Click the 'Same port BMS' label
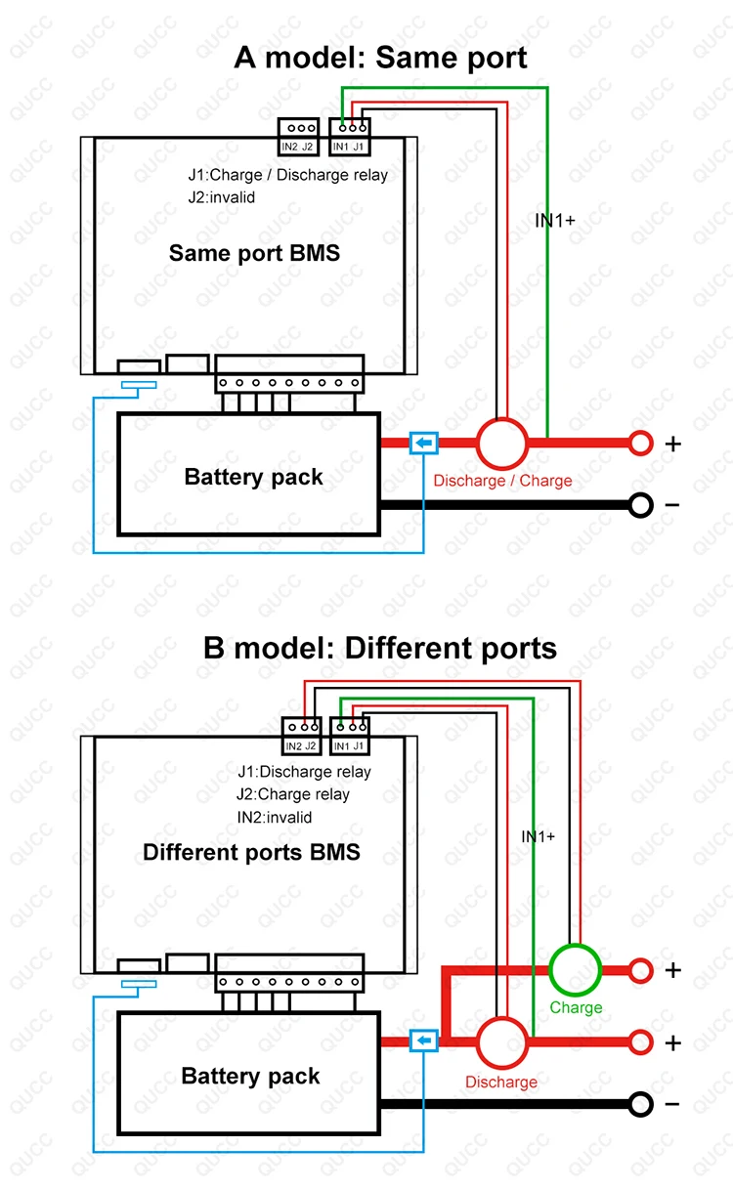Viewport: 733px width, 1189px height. [254, 253]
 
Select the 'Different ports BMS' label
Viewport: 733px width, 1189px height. [251, 851]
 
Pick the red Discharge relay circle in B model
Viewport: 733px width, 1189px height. [502, 1041]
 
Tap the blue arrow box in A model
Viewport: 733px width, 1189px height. [423, 445]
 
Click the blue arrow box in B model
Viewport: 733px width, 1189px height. [423, 1041]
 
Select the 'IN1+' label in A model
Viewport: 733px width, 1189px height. [555, 220]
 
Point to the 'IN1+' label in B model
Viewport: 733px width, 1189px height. [538, 836]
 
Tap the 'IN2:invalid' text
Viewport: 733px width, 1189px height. [275, 817]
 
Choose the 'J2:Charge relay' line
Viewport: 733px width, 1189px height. [293, 794]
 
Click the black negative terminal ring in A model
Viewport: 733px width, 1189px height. [640, 505]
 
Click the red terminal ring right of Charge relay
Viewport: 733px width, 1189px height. [640, 970]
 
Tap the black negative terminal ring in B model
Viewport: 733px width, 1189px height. [640, 1104]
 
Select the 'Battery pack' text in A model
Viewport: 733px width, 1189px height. [253, 477]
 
